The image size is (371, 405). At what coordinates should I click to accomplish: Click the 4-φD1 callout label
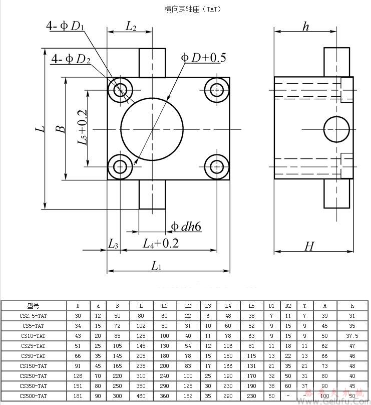[65, 26]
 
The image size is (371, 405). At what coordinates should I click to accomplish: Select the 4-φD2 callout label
[71, 59]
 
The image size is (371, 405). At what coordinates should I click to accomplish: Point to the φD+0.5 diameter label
[203, 58]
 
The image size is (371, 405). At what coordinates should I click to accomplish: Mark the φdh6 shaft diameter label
[186, 227]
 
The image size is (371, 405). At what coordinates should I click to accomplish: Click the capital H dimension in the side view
[309, 246]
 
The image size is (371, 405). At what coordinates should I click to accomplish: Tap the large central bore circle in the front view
[152, 129]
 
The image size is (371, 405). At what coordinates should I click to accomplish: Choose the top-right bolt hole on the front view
[217, 90]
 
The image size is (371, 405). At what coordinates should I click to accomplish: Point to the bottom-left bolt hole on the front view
[120, 166]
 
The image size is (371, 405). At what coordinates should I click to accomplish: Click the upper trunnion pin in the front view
[152, 63]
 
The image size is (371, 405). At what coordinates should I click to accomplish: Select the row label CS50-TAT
[33, 355]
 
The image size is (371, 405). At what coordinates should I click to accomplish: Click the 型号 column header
[33, 305]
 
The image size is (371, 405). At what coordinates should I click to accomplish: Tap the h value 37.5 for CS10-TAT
[352, 335]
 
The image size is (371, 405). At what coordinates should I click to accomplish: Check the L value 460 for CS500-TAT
[141, 396]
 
